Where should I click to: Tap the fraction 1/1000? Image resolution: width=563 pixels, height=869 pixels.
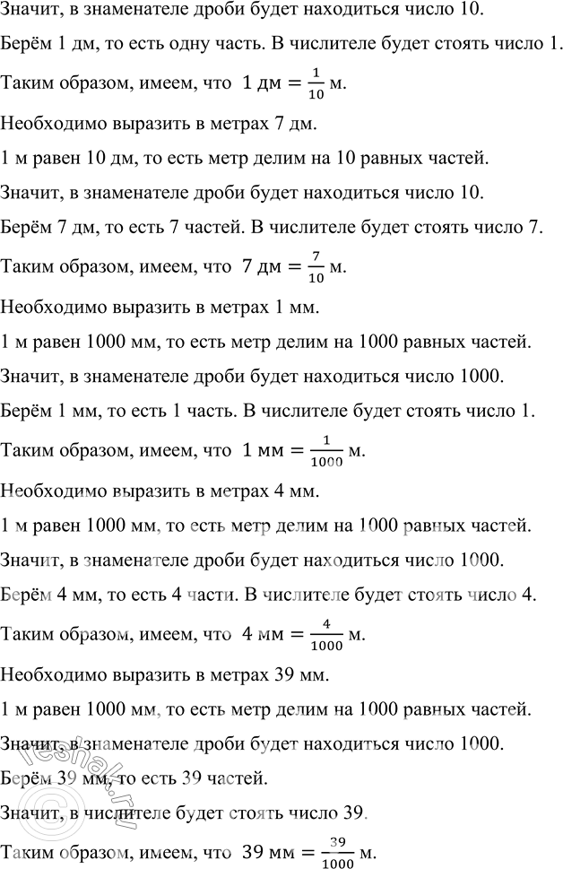point(326,452)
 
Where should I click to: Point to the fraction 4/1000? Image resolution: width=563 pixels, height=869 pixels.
point(326,636)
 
